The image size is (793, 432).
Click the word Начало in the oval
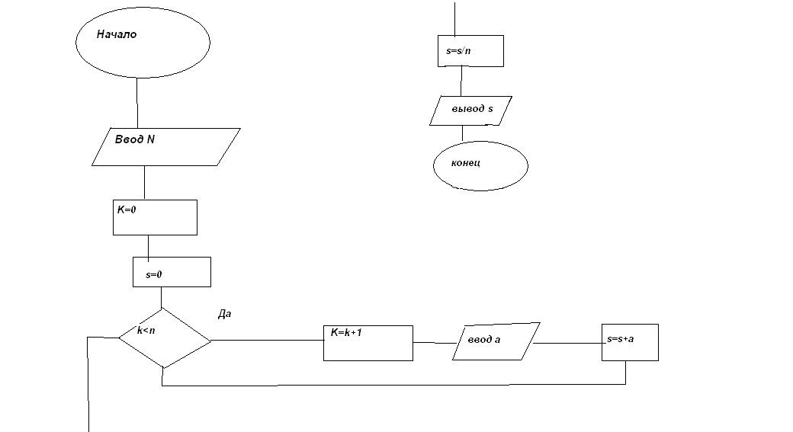pyautogui.click(x=117, y=34)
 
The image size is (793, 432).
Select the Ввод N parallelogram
pyautogui.click(x=165, y=146)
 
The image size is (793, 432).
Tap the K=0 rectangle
pyautogui.click(x=154, y=217)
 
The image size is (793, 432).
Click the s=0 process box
pyautogui.click(x=172, y=272)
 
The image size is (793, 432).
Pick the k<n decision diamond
pyautogui.click(x=164, y=338)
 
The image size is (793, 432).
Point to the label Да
pyautogui.click(x=224, y=313)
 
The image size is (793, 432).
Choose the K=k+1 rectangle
pyautogui.click(x=368, y=343)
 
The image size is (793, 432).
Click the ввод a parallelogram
pyautogui.click(x=496, y=341)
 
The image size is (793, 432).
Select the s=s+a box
pyautogui.click(x=629, y=343)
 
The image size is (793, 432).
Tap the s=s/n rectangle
pyautogui.click(x=470, y=50)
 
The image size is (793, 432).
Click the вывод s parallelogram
pyautogui.click(x=470, y=110)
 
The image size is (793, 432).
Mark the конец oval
pyautogui.click(x=480, y=165)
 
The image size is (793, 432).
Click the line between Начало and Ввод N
pyautogui.click(x=137, y=102)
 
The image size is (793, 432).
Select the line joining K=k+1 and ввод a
pyautogui.click(x=435, y=342)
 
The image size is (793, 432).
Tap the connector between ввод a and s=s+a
pyautogui.click(x=568, y=343)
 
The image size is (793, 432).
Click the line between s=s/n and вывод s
pyautogui.click(x=461, y=81)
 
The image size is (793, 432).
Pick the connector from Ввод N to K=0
pyautogui.click(x=144, y=183)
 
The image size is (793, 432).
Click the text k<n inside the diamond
pyautogui.click(x=146, y=331)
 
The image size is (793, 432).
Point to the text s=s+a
pyautogui.click(x=619, y=338)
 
